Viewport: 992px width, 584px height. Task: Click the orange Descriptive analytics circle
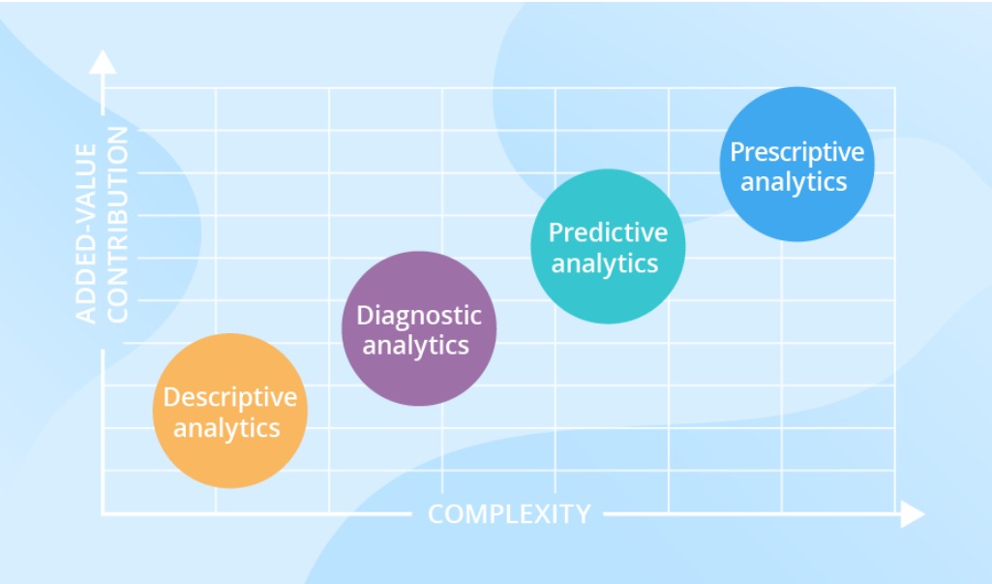coord(230,411)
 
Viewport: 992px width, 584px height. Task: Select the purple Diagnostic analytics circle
coord(419,328)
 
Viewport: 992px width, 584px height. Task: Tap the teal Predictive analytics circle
coord(608,246)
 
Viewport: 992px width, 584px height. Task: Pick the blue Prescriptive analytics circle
coord(797,164)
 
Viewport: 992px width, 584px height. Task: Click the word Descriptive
coord(230,397)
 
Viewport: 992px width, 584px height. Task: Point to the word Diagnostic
coord(419,316)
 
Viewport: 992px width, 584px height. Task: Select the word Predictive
coord(608,232)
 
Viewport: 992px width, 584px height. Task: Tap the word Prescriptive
coord(797,152)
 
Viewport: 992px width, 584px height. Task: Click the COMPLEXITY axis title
coord(509,513)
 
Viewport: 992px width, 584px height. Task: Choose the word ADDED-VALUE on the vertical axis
coord(86,233)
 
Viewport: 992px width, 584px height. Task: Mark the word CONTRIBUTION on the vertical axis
coord(118,225)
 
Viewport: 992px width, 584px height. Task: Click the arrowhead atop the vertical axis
coord(103,62)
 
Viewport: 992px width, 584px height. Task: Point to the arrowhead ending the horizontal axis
coord(913,513)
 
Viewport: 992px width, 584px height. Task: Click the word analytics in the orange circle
coord(226,429)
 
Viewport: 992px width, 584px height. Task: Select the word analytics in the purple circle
coord(415,346)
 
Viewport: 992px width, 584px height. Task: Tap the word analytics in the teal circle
coord(605,264)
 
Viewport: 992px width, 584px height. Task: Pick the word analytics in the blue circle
coord(794,182)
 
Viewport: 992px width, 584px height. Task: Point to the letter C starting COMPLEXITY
coord(437,513)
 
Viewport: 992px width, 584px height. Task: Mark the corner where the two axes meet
coord(104,513)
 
